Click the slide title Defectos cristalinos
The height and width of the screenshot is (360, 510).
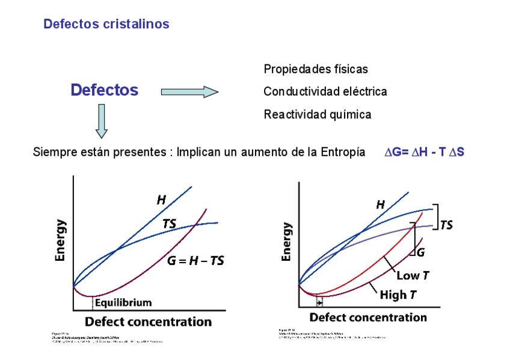pyautogui.click(x=106, y=25)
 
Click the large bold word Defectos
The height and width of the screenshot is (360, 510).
pyautogui.click(x=104, y=90)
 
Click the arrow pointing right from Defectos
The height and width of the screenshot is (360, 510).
pyautogui.click(x=189, y=92)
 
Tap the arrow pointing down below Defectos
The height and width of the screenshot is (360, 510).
pyautogui.click(x=101, y=121)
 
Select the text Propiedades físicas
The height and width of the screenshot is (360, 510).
pyautogui.click(x=316, y=70)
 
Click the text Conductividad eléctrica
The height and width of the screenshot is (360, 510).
pyautogui.click(x=325, y=92)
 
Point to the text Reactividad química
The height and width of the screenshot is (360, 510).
pyautogui.click(x=317, y=114)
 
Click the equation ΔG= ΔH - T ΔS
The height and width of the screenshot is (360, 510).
pyautogui.click(x=424, y=153)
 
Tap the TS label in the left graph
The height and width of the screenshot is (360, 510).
pyautogui.click(x=170, y=224)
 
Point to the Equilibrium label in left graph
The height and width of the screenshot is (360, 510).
pyautogui.click(x=124, y=302)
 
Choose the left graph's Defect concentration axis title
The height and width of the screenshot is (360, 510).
pyautogui.click(x=148, y=322)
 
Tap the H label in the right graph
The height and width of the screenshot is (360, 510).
pyautogui.click(x=380, y=205)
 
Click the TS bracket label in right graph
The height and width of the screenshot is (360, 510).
pyautogui.click(x=446, y=225)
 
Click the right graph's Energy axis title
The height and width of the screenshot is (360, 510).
pyautogui.click(x=287, y=242)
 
